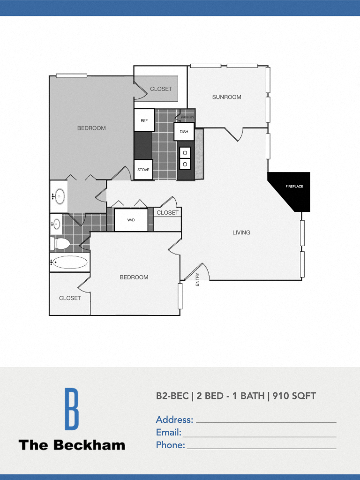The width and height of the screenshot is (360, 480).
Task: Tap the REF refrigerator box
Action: [144, 120]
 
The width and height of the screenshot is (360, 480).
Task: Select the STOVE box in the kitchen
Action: [143, 170]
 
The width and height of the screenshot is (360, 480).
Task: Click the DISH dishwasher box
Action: [184, 132]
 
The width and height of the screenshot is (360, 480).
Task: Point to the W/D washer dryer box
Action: [131, 220]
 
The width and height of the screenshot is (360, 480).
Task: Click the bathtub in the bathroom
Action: [70, 262]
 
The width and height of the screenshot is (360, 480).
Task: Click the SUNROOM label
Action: [226, 97]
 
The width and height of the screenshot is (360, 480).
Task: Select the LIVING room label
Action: [241, 232]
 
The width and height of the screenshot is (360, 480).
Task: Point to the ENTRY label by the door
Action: [197, 280]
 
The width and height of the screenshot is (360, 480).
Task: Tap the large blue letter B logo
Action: [71, 409]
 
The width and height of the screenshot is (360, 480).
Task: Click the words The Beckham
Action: [72, 445]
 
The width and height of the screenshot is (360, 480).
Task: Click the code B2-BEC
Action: [172, 396]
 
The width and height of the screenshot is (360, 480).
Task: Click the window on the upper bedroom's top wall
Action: [72, 75]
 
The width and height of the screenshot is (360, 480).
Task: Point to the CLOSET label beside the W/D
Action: [168, 212]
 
